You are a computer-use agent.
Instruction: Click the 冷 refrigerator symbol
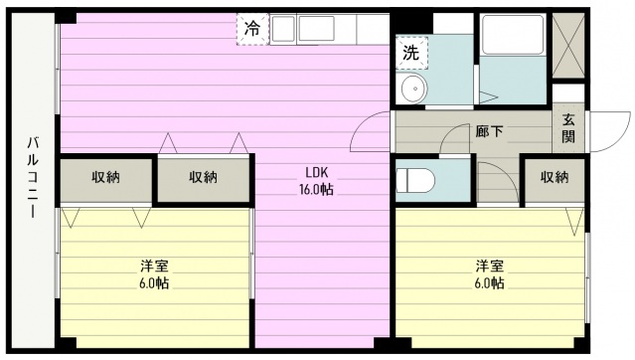253,29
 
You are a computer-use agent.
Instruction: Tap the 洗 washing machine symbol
411,53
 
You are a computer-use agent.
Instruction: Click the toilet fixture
415,180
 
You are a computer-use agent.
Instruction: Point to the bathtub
513,35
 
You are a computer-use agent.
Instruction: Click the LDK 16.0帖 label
317,181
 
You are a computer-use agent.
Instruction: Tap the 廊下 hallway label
489,131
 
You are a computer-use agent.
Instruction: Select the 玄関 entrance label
568,127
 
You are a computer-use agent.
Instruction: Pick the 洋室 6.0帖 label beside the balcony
154,274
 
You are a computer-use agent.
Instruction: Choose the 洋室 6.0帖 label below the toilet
490,274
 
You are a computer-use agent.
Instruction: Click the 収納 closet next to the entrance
555,178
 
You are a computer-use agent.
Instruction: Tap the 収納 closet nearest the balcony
105,178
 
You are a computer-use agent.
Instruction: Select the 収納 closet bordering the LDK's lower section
204,178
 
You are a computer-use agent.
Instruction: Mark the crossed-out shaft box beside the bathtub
568,46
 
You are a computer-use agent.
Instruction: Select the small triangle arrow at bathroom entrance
488,97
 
